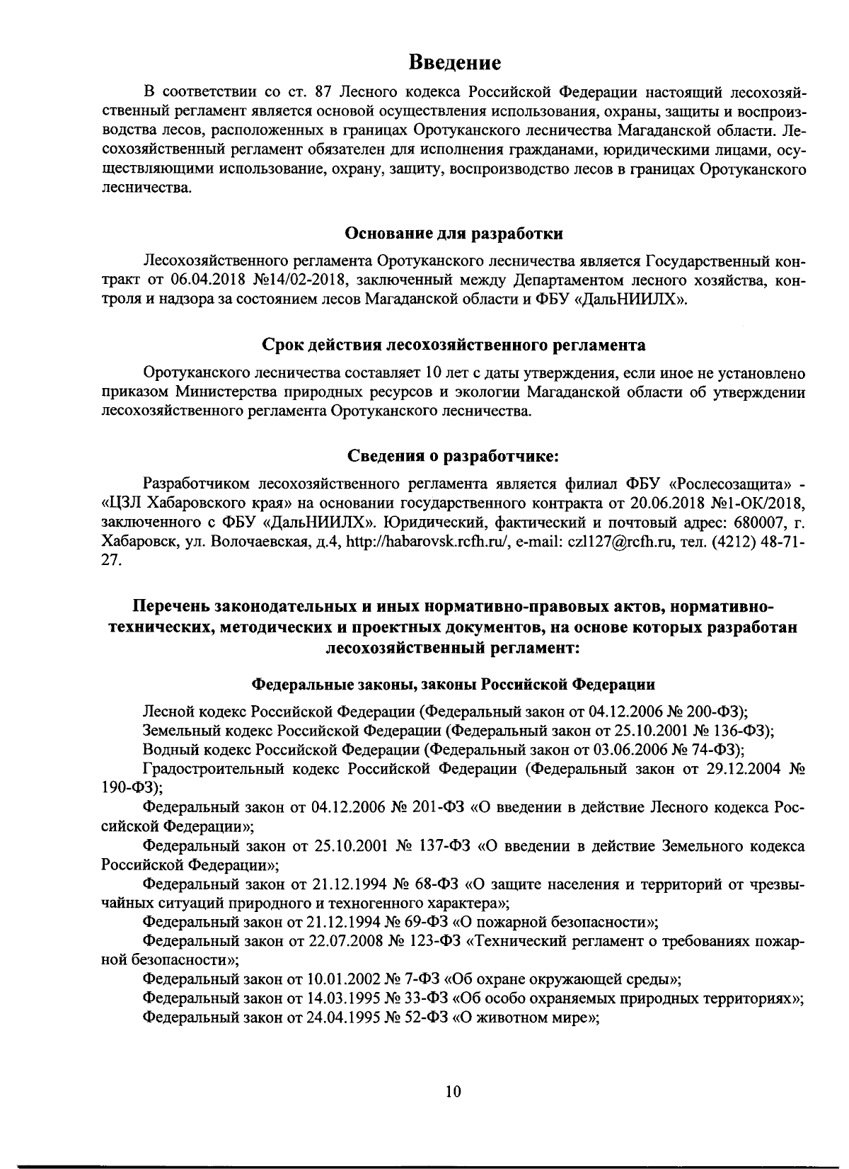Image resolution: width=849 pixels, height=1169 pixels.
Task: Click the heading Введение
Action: [x=456, y=62]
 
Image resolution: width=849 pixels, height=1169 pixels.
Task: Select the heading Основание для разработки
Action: [x=454, y=233]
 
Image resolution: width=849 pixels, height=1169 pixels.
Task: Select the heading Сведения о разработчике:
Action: [x=454, y=457]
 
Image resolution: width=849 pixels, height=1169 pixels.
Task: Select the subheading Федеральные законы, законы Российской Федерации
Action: [x=454, y=685]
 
